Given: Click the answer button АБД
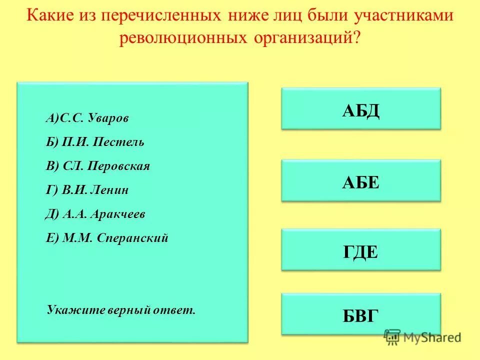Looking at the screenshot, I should (x=361, y=109).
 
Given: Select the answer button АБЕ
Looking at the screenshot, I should (x=361, y=180).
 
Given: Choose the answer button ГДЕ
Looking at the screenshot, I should (x=361, y=250).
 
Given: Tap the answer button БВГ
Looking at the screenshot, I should (x=361, y=314).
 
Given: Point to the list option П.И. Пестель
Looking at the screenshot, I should (x=95, y=142).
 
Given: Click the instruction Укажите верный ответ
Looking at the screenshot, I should (x=121, y=310).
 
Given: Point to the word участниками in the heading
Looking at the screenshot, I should (x=404, y=15).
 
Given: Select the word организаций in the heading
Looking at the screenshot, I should (x=306, y=38).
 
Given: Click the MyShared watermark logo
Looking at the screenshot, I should (x=422, y=337).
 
